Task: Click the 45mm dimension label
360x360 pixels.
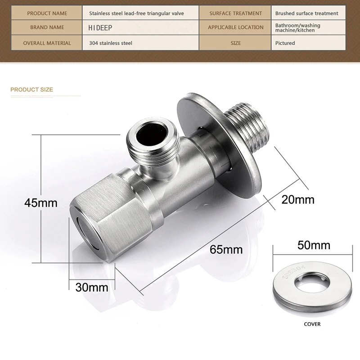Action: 41,203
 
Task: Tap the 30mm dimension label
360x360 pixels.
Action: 92,288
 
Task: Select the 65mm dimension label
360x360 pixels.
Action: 226,250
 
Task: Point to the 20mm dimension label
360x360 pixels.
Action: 298,199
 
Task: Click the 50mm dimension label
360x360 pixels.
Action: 314,245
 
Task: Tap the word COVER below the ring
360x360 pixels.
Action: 312,324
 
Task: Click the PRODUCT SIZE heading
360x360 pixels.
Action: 31,90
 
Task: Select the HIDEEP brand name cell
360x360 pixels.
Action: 140,27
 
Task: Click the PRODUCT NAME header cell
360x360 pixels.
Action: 47,13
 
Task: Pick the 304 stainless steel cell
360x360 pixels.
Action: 140,43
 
